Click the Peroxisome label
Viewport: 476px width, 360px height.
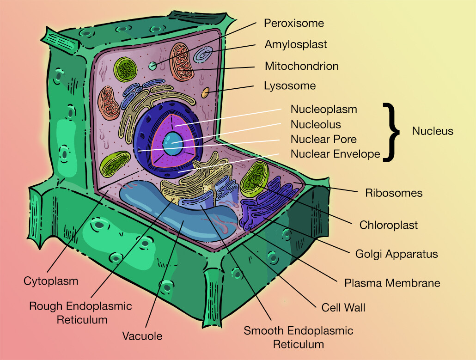[x=293, y=23]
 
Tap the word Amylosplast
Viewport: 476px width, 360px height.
[x=295, y=44]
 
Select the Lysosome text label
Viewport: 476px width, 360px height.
[x=290, y=86]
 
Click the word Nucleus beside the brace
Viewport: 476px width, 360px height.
[x=433, y=131]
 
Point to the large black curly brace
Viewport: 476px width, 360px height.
[x=392, y=132]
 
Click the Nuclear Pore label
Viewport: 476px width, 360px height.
[x=323, y=139]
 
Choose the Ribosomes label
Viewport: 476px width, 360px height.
[x=394, y=193]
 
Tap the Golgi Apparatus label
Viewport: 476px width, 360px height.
[x=396, y=254]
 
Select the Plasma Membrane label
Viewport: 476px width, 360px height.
[x=392, y=283]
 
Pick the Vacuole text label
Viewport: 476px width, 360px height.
[x=142, y=336]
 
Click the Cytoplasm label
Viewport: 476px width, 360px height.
[x=51, y=281]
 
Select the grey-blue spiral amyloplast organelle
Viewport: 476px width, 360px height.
[x=203, y=55]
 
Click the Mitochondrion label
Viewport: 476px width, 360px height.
[x=301, y=66]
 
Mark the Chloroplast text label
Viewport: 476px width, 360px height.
[x=388, y=225]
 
